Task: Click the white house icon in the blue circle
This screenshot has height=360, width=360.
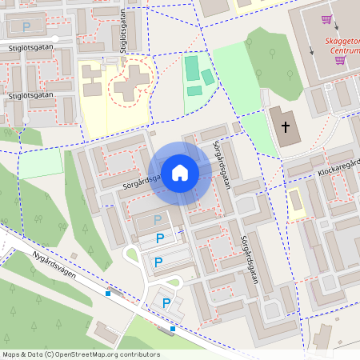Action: click(180, 173)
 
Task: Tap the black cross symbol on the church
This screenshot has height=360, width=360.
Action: click(285, 126)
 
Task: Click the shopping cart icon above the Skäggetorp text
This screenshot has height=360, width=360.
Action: click(326, 19)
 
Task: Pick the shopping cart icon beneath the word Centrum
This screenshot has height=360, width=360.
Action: click(340, 60)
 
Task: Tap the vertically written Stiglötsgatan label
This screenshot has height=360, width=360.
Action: click(123, 32)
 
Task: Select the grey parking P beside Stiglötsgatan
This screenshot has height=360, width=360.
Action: click(26, 26)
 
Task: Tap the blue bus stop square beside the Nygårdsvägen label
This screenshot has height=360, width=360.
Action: click(108, 293)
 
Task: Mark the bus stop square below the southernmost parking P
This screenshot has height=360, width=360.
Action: click(173, 328)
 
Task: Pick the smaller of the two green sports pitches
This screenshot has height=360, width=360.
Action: click(208, 77)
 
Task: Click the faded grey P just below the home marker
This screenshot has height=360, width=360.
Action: click(158, 219)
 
